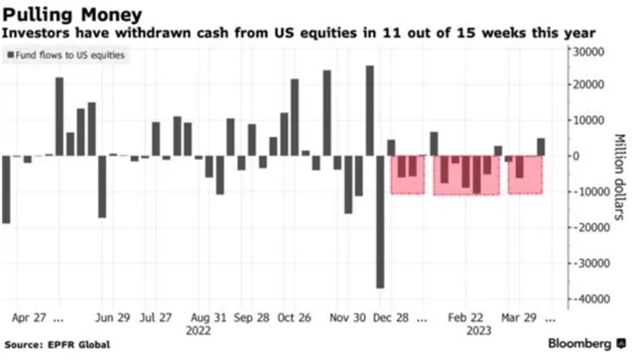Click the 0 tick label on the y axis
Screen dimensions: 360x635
(571, 156)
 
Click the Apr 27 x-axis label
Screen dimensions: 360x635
(30, 319)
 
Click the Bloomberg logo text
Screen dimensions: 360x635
(586, 344)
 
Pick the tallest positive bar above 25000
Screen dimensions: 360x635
(369, 110)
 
